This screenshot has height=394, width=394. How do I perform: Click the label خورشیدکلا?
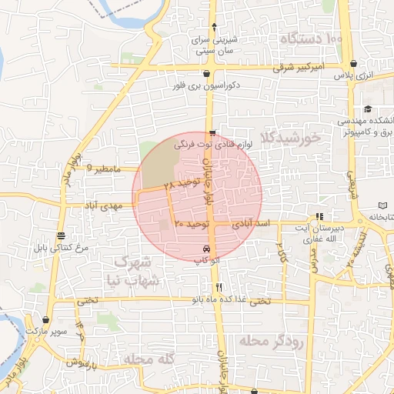coord(290,138)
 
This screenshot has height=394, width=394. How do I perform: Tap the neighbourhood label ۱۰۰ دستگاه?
coord(312,38)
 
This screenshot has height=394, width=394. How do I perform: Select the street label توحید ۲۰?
coord(191,223)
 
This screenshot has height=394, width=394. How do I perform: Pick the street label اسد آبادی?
coord(254,223)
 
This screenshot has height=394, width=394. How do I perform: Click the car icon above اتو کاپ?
coord(205,249)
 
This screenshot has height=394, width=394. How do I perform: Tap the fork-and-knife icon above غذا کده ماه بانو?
coord(219,287)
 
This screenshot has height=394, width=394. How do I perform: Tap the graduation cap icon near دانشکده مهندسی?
coord(368,109)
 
